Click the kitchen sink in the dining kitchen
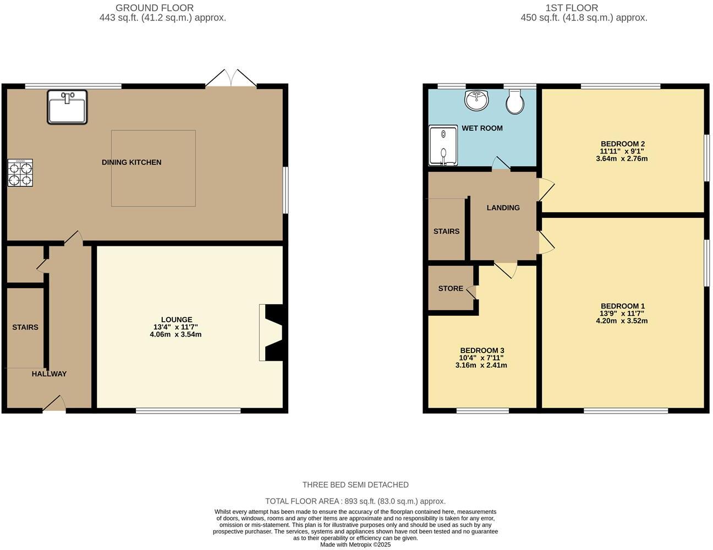click(67, 107)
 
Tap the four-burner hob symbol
click(20, 173)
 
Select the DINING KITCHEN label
click(131, 162)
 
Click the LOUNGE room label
click(177, 320)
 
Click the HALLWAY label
click(49, 374)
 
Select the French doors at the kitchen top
click(231, 78)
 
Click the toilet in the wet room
click(515, 102)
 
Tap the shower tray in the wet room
click(443, 145)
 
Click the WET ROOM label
click(482, 128)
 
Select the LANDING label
click(503, 207)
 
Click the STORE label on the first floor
click(451, 289)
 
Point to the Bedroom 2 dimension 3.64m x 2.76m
click(622, 159)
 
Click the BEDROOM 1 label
click(622, 306)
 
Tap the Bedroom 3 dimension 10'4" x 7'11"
click(481, 358)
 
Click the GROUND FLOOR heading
click(155, 8)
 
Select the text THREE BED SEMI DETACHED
click(355, 485)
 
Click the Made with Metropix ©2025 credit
click(355, 544)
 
